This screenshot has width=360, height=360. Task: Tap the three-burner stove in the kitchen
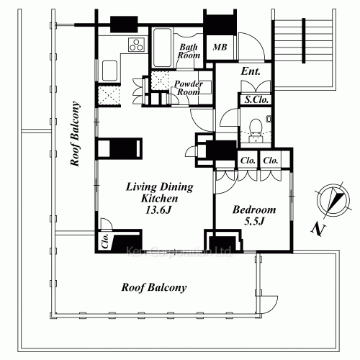(x=136, y=45)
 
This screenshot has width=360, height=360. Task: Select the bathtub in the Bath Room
(x=163, y=48)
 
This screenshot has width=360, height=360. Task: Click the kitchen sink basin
(x=109, y=71)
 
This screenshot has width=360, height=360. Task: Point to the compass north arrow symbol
(x=333, y=201)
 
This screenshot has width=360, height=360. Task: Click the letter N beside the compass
(x=318, y=229)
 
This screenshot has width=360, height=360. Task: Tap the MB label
(x=220, y=47)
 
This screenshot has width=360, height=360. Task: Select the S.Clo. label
(x=256, y=99)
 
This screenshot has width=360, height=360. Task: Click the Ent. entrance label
(x=251, y=71)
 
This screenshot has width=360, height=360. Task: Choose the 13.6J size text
(x=158, y=210)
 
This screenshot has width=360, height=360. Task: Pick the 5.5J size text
(x=254, y=221)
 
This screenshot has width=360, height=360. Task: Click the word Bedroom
(x=254, y=210)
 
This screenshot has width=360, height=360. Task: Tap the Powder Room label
(x=189, y=88)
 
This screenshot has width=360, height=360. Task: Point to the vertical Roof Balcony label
(x=75, y=134)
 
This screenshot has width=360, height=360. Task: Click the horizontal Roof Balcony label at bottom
(x=154, y=287)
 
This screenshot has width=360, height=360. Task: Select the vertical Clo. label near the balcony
(x=105, y=240)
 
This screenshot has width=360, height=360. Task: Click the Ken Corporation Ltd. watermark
(x=179, y=251)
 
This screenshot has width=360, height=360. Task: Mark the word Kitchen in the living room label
(x=159, y=199)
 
